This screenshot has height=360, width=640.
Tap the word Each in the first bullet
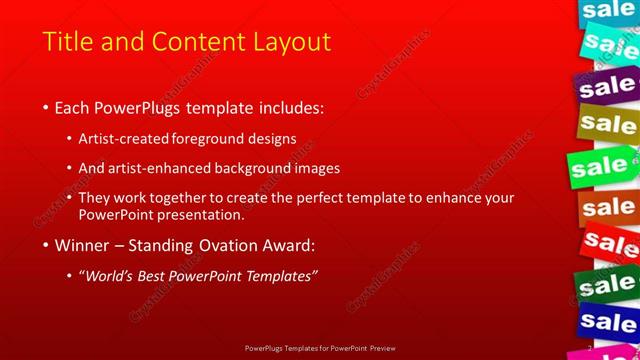coord(73,107)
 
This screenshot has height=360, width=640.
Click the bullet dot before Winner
coord(45,245)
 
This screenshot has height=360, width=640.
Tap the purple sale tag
coord(607,87)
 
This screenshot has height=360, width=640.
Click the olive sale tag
coord(607,125)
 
